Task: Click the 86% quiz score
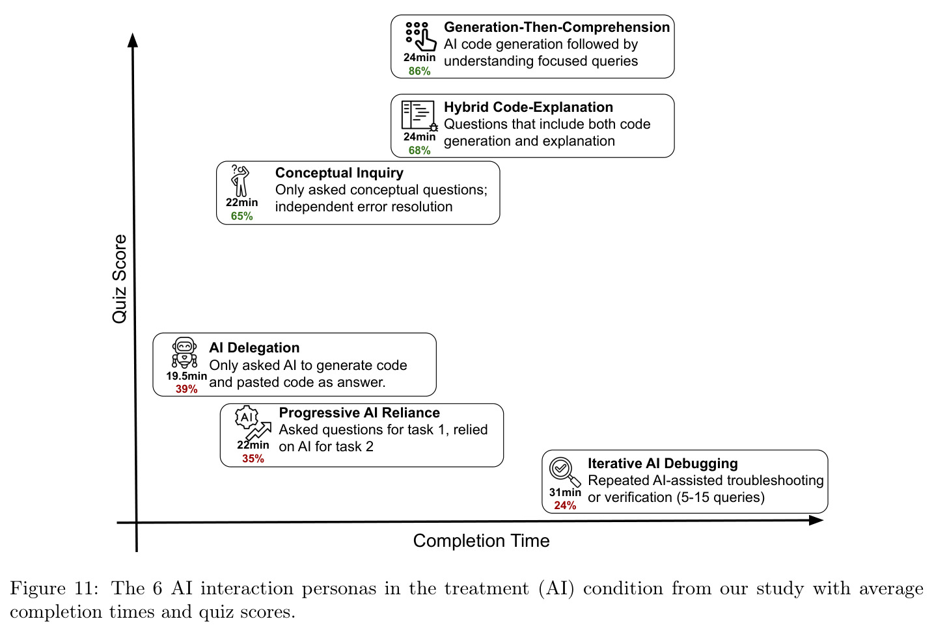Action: pyautogui.click(x=419, y=72)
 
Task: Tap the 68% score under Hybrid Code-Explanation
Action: pyautogui.click(x=419, y=150)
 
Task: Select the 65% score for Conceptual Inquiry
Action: pyautogui.click(x=242, y=217)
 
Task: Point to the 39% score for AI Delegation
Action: pyautogui.click(x=186, y=389)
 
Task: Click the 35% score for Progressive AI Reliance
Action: pyautogui.click(x=253, y=458)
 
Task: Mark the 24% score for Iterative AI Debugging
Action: pyautogui.click(x=565, y=506)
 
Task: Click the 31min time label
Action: pyautogui.click(x=565, y=492)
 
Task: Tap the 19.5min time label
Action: pyautogui.click(x=186, y=376)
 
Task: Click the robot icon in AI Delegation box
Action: pyautogui.click(x=184, y=353)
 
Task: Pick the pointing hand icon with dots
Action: pyautogui.click(x=420, y=36)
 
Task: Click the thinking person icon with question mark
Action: pyautogui.click(x=240, y=180)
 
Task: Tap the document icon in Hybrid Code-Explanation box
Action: pyautogui.click(x=419, y=116)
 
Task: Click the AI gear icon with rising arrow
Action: pyautogui.click(x=253, y=423)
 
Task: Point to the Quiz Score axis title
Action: pyautogui.click(x=119, y=279)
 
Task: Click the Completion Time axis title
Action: pyautogui.click(x=481, y=541)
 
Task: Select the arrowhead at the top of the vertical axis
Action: pyautogui.click(x=133, y=40)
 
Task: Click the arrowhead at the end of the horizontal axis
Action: pyautogui.click(x=816, y=520)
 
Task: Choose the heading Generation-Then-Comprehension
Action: pyautogui.click(x=556, y=27)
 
